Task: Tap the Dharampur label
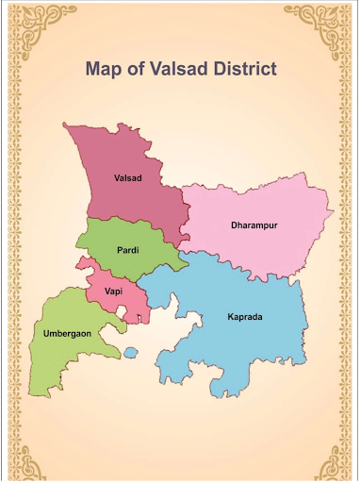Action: click(254, 225)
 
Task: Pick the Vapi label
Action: click(114, 291)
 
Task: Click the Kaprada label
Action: click(244, 317)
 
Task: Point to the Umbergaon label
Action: click(68, 333)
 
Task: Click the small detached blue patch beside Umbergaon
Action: click(130, 353)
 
